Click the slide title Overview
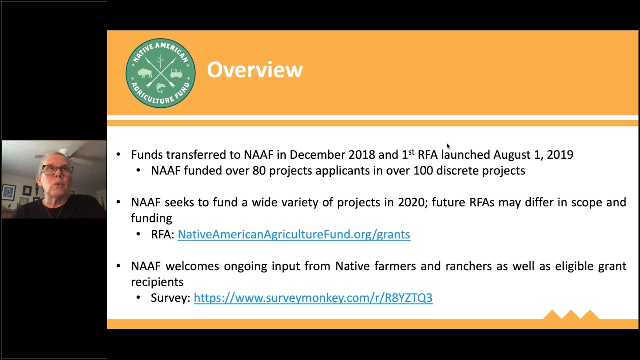(255, 70)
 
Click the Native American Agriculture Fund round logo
(160, 73)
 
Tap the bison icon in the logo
(145, 73)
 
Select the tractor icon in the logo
(176, 73)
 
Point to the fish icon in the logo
(160, 88)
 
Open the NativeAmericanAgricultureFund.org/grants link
(294, 234)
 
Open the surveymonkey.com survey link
(313, 298)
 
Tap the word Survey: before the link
(170, 298)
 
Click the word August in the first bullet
(511, 155)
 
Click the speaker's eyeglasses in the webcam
(57, 170)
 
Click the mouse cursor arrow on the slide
(448, 146)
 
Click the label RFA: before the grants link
(162, 234)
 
